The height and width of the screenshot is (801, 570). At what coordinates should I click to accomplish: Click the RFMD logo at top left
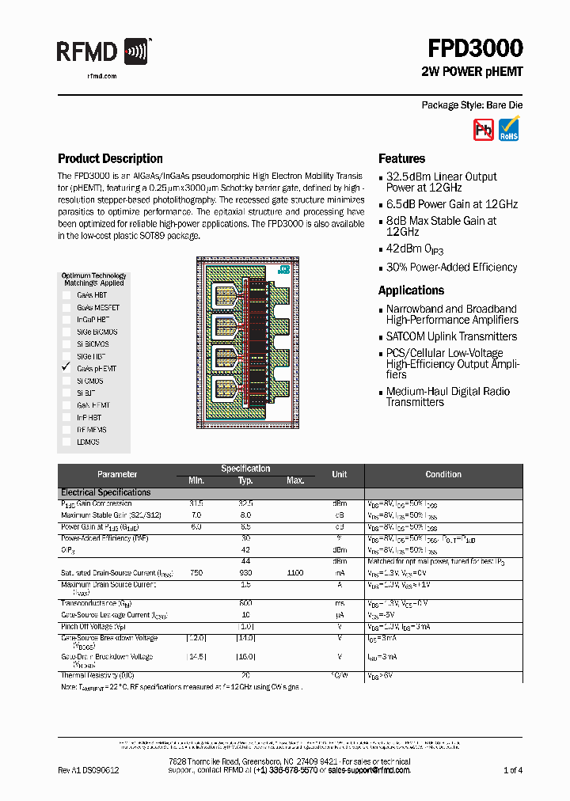103,53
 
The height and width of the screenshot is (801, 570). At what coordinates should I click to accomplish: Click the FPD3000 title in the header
475,49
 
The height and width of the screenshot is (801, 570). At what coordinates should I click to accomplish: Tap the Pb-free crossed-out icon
483,129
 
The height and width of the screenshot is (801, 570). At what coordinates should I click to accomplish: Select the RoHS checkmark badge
509,129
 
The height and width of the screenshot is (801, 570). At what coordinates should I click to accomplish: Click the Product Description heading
110,158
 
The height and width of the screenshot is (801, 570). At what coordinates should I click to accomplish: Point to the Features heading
401,158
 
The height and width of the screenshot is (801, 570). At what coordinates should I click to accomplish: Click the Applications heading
411,290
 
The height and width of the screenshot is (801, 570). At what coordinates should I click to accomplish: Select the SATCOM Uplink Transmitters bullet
451,336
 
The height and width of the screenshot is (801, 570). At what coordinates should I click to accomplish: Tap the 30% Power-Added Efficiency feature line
451,268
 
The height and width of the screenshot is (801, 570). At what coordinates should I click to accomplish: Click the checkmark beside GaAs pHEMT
66,368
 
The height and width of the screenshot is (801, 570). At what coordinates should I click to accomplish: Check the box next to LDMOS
66,442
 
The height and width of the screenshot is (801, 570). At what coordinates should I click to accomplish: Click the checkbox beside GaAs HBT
66,294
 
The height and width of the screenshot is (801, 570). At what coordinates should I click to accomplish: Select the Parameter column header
117,474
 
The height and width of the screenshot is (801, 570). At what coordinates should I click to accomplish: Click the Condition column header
443,474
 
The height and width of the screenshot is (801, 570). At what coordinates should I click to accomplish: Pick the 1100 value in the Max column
294,571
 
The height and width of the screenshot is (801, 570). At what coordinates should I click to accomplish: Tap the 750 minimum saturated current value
196,571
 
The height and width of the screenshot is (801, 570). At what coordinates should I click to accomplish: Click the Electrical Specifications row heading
105,492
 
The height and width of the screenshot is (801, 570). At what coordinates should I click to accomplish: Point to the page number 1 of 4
512,770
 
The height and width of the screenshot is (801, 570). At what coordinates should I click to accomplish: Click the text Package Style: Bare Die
472,105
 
